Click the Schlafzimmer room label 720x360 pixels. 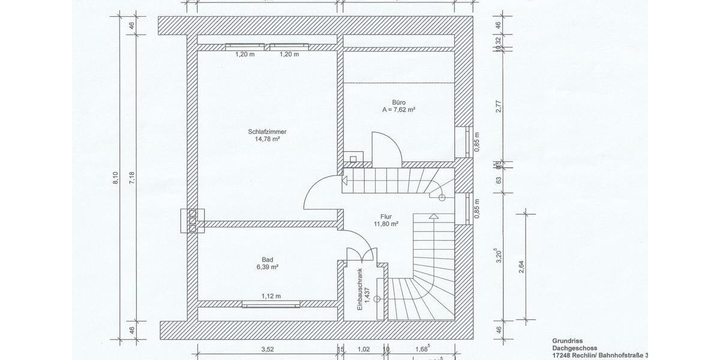[x=267, y=131]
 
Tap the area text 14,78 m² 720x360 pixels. [x=267, y=139]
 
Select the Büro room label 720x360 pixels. [x=399, y=103]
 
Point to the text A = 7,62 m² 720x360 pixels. [x=399, y=110]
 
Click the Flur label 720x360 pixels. [x=386, y=217]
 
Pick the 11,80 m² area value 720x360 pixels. [x=386, y=224]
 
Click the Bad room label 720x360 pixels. [x=267, y=259]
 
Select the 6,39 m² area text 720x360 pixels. [x=267, y=267]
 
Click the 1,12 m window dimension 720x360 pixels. [x=271, y=296]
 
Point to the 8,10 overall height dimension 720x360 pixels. [x=116, y=179]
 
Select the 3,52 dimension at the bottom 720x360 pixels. [x=268, y=349]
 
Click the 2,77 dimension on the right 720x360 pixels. [x=498, y=107]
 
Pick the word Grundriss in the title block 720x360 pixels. [x=567, y=340]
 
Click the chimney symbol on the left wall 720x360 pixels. [x=192, y=220]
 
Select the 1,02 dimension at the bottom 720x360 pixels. [x=363, y=349]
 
